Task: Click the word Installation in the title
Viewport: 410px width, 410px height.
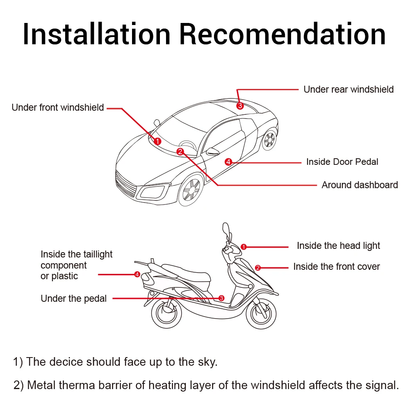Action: (x=97, y=34)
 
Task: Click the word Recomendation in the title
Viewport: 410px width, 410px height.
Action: (x=282, y=34)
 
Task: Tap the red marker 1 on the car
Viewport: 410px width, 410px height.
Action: (x=157, y=141)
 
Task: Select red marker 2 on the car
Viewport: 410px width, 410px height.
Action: (x=180, y=152)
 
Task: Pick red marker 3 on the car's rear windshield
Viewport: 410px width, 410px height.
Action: (x=240, y=105)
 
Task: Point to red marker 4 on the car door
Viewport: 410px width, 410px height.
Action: (x=228, y=162)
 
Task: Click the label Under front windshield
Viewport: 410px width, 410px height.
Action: (x=58, y=108)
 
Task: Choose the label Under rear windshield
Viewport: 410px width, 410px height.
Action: (x=348, y=89)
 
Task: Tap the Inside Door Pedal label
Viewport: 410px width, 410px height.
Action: (x=342, y=162)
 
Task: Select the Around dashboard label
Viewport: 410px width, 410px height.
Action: (x=360, y=185)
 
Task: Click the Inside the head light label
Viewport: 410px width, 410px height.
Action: (x=338, y=246)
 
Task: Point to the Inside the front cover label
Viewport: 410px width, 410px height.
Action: (x=336, y=267)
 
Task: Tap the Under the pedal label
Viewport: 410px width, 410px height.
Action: (x=73, y=298)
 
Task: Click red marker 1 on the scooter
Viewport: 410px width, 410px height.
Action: (x=243, y=247)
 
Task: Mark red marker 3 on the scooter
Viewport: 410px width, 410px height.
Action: (x=221, y=298)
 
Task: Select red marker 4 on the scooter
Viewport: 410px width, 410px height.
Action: (x=137, y=274)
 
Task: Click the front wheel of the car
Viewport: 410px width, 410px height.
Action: (x=191, y=190)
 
